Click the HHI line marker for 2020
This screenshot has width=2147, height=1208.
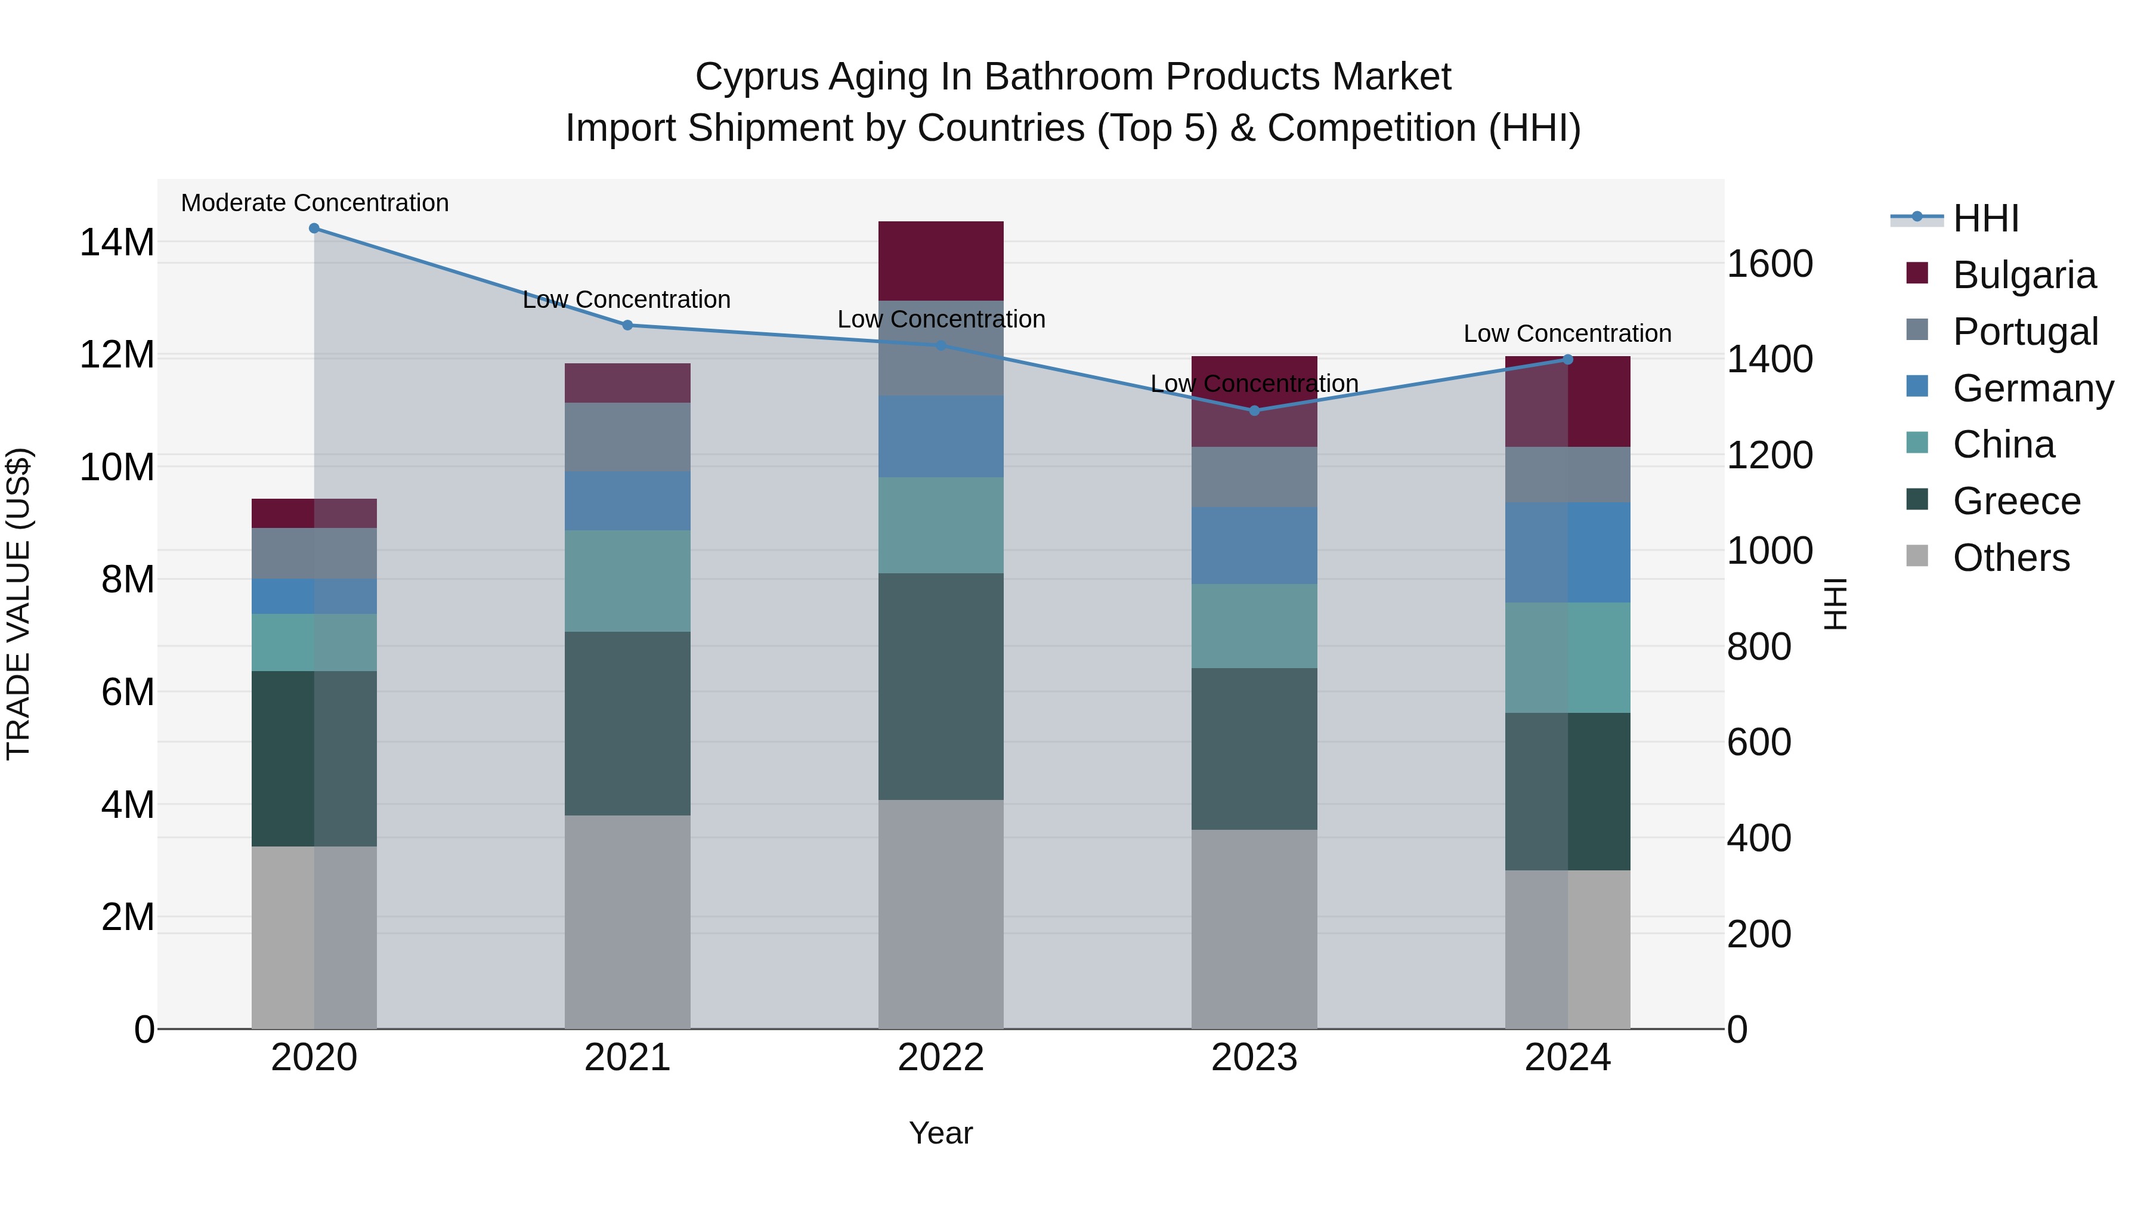pyautogui.click(x=314, y=228)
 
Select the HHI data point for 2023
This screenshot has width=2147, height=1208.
pyautogui.click(x=1254, y=410)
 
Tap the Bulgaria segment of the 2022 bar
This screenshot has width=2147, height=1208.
pyautogui.click(x=941, y=260)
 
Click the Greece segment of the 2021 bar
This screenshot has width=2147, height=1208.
pyautogui.click(x=627, y=723)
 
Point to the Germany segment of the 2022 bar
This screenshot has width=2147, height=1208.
pyautogui.click(x=941, y=436)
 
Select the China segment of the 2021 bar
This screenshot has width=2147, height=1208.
pyautogui.click(x=627, y=580)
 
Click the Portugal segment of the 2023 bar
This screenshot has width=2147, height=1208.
pyautogui.click(x=1254, y=476)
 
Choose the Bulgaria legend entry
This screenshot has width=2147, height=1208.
pyautogui.click(x=2024, y=275)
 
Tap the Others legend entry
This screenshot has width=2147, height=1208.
pyautogui.click(x=2010, y=558)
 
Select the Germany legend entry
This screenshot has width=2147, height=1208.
pyautogui.click(x=2032, y=388)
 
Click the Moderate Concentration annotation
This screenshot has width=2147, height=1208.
pyautogui.click(x=314, y=203)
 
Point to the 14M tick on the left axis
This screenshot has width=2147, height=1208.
pyautogui.click(x=117, y=243)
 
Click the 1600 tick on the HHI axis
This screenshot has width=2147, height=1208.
pyautogui.click(x=1769, y=264)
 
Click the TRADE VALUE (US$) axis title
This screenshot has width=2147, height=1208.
pyautogui.click(x=18, y=604)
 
